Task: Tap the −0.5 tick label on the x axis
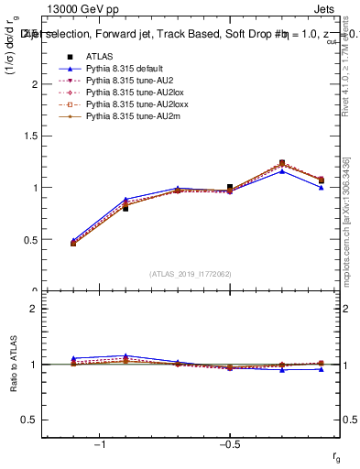(228, 444)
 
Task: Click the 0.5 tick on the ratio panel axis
(32, 420)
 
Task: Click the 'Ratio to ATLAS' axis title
(13, 365)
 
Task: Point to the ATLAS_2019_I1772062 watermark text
(191, 273)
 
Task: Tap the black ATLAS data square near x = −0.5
(230, 188)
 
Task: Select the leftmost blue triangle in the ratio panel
(73, 358)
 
